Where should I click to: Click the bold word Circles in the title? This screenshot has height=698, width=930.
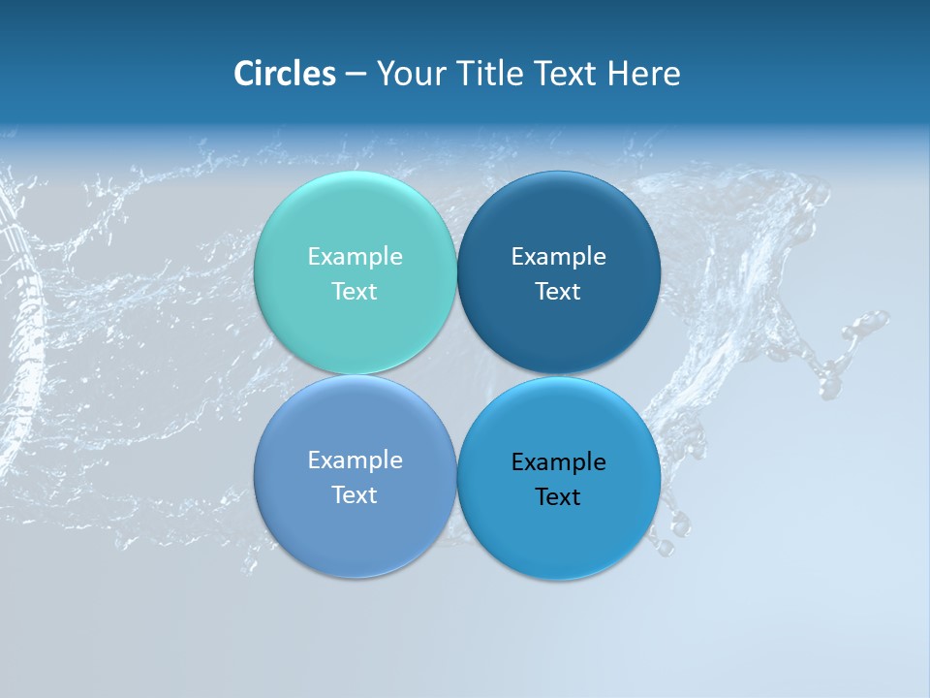(x=285, y=74)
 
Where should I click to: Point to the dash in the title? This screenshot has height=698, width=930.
(x=356, y=75)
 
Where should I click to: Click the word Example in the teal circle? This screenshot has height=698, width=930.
(x=355, y=257)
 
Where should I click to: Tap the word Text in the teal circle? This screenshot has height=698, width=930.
(x=355, y=292)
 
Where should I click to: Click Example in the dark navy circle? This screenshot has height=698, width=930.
(x=558, y=257)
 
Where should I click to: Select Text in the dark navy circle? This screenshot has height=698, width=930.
(x=558, y=292)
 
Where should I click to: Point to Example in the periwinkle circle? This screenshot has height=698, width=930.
(x=355, y=460)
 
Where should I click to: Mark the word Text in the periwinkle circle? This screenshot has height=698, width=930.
(x=355, y=495)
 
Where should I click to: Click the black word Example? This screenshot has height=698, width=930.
(x=558, y=462)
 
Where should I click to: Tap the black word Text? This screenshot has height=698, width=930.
(x=558, y=497)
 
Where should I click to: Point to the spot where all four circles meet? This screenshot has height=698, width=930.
(x=456, y=375)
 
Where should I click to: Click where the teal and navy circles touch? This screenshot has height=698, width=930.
(x=456, y=273)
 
